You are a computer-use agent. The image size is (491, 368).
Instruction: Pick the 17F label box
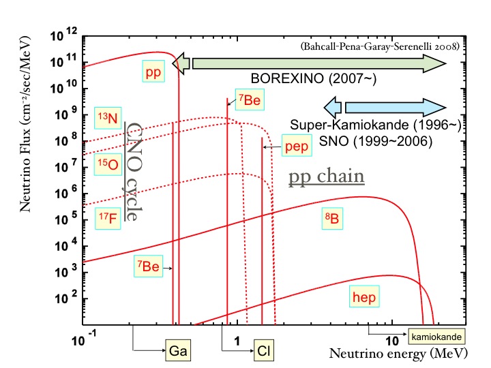pyautogui.click(x=107, y=215)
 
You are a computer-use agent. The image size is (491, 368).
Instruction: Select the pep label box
pyautogui.click(x=296, y=147)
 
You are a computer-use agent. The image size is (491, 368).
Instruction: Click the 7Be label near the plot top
pyautogui.click(x=249, y=101)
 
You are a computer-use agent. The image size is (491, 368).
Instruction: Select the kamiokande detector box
pyautogui.click(x=437, y=336)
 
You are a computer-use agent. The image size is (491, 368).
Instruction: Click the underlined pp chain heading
pyautogui.click(x=325, y=177)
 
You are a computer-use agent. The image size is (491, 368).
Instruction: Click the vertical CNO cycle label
pyautogui.click(x=136, y=172)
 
